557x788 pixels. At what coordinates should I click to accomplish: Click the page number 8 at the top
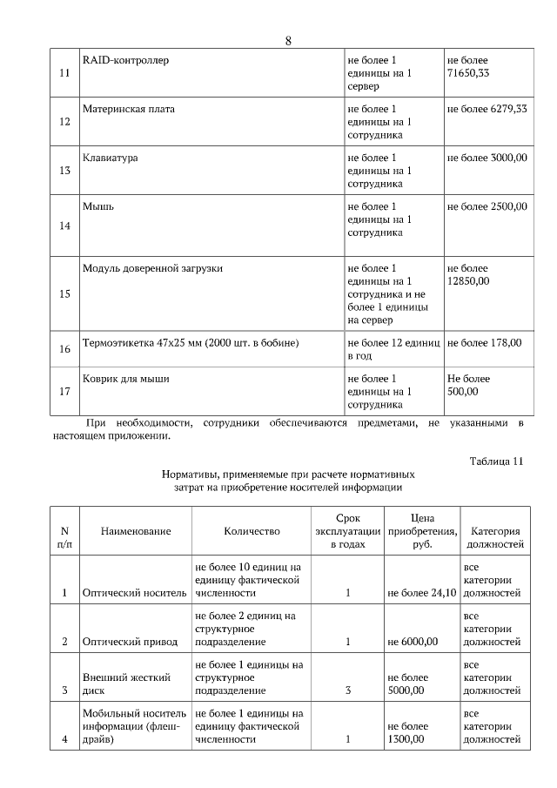pyautogui.click(x=288, y=42)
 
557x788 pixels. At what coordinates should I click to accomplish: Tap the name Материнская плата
pyautogui.click(x=129, y=110)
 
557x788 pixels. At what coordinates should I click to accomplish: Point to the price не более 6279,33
pyautogui.click(x=487, y=110)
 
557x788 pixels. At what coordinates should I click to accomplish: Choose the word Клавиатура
pyautogui.click(x=110, y=158)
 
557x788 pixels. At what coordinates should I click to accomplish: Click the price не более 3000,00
pyautogui.click(x=487, y=158)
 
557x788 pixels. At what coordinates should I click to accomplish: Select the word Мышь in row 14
pyautogui.click(x=97, y=207)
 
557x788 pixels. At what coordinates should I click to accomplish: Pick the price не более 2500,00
pyautogui.click(x=487, y=207)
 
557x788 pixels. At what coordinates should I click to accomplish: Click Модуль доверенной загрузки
pyautogui.click(x=152, y=268)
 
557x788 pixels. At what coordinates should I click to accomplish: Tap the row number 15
pyautogui.click(x=64, y=293)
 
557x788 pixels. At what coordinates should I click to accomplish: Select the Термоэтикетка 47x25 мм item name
pyautogui.click(x=191, y=343)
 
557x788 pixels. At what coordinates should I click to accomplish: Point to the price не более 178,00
pyautogui.click(x=484, y=343)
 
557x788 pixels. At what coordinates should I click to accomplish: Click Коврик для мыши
pyautogui.click(x=125, y=379)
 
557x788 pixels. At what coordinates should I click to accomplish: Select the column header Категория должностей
pyautogui.click(x=495, y=537)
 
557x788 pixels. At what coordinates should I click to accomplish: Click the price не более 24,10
pyautogui.click(x=421, y=593)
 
